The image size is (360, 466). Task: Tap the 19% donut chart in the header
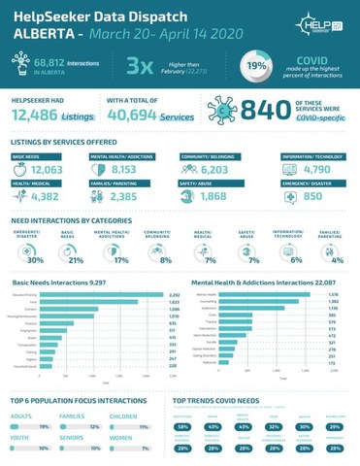pos(257,68)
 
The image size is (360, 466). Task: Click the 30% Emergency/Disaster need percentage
pos(36,259)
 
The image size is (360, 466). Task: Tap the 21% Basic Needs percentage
pos(78,259)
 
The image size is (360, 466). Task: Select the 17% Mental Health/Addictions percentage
pos(120,259)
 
